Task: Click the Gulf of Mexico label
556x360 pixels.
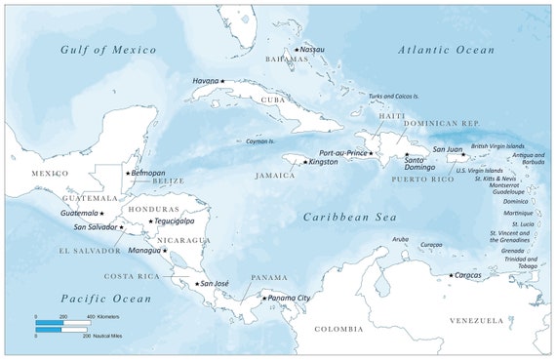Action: pos(107,49)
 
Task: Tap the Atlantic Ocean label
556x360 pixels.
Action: pos(447,49)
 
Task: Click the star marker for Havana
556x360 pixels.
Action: pos(222,81)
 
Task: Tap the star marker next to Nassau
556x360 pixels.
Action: pos(297,50)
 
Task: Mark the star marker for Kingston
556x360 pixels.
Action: pos(304,162)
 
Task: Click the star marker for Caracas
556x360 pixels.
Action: pos(451,276)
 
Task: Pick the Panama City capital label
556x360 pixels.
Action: pos(290,298)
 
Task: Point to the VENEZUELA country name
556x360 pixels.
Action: pos(475,320)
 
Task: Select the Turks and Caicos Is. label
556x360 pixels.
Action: pos(395,97)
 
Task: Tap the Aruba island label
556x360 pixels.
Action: pos(400,238)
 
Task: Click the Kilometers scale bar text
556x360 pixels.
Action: pos(113,318)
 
